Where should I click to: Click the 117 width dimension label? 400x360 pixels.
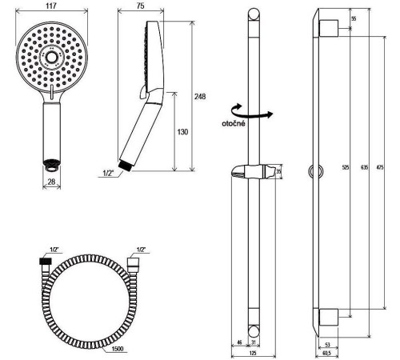[51, 6]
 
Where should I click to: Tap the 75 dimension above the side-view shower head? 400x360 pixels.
[141, 6]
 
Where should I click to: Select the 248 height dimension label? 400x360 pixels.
[200, 97]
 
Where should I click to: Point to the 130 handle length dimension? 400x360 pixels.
[182, 132]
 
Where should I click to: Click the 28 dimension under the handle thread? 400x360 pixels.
[51, 182]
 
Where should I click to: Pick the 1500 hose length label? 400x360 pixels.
[118, 349]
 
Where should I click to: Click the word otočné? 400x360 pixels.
[234, 123]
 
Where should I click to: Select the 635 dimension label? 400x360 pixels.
[365, 167]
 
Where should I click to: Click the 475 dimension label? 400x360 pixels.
[380, 167]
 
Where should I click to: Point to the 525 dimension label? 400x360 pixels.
[346, 167]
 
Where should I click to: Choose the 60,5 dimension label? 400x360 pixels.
[326, 353]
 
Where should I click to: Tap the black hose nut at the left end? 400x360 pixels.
[46, 261]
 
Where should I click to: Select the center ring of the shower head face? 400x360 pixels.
[50, 57]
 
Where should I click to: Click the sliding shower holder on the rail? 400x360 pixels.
[253, 171]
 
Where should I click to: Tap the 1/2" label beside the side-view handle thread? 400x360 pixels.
[108, 173]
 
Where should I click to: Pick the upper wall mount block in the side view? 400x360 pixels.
[329, 28]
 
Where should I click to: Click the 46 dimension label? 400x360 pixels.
[239, 342]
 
